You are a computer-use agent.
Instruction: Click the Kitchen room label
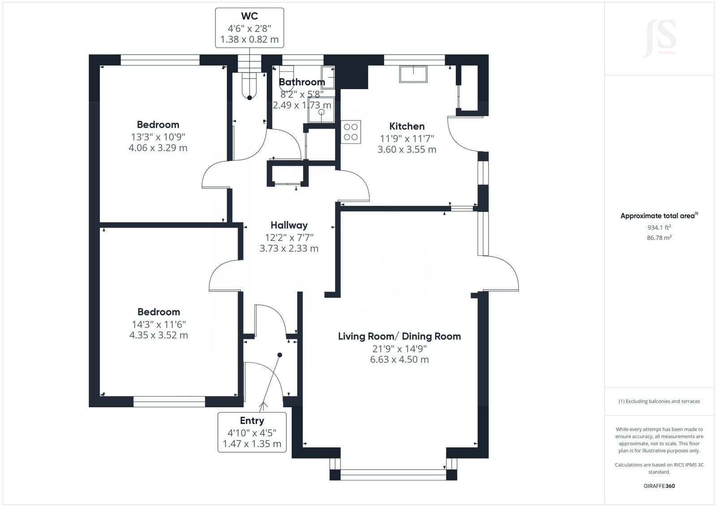407,126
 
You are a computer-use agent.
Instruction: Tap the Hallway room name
289,225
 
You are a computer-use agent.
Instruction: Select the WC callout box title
249,16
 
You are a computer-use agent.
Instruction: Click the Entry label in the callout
252,420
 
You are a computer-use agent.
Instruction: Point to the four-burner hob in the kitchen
351,132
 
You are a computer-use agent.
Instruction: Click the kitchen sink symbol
413,74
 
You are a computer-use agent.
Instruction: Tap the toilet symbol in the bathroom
286,76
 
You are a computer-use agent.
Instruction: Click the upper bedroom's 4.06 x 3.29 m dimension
158,148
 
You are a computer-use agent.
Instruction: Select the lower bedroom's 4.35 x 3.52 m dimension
159,335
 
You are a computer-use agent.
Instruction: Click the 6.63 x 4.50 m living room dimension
399,360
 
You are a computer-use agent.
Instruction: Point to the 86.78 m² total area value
659,238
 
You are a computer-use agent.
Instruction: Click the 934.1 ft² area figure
659,227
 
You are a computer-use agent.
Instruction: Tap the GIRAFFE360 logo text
659,486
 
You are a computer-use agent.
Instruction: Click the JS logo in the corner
659,39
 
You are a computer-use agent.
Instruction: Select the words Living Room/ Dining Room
399,336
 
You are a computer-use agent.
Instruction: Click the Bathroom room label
302,82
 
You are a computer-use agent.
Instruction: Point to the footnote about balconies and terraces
659,401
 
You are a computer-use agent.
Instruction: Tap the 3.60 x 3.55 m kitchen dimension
407,150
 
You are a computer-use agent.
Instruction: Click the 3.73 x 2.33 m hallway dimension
289,248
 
